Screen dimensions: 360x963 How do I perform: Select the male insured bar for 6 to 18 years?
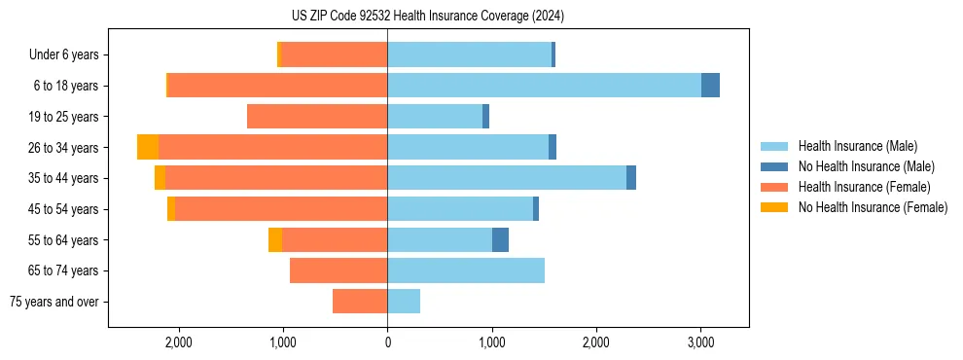[544, 86]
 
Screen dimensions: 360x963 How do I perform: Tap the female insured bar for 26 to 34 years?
[272, 147]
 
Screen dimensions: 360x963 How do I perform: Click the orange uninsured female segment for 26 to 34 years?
[148, 147]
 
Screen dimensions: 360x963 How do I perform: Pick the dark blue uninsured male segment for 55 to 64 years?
[500, 239]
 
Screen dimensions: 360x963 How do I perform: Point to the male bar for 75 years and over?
[404, 302]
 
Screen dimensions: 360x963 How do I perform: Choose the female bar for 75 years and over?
[360, 302]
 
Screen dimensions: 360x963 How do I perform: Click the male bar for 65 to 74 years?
[466, 270]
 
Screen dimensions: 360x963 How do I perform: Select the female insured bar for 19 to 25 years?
[317, 117]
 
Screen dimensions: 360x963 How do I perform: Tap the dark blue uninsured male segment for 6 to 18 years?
[710, 86]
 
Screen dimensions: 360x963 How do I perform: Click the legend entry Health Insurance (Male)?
[857, 146]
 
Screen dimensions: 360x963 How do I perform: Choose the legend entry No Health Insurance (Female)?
[872, 207]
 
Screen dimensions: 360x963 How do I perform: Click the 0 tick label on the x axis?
[387, 342]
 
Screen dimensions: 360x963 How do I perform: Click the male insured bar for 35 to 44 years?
[506, 178]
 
